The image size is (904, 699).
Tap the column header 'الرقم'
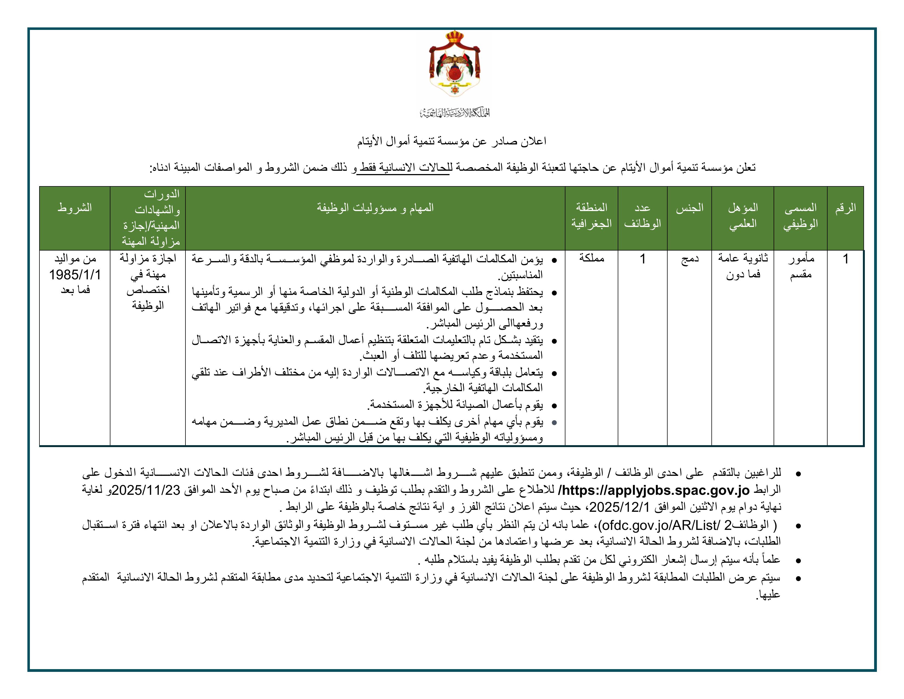(x=845, y=208)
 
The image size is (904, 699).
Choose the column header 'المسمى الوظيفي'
(x=800, y=216)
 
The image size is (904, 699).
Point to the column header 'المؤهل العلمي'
(x=743, y=216)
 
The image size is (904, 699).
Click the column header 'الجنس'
(x=690, y=208)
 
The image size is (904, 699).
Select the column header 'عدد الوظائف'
(x=642, y=216)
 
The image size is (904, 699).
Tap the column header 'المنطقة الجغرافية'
(x=591, y=216)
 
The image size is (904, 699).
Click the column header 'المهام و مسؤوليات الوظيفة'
(x=375, y=208)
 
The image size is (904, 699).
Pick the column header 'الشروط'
(x=75, y=208)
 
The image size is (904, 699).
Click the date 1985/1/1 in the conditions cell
(x=75, y=275)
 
